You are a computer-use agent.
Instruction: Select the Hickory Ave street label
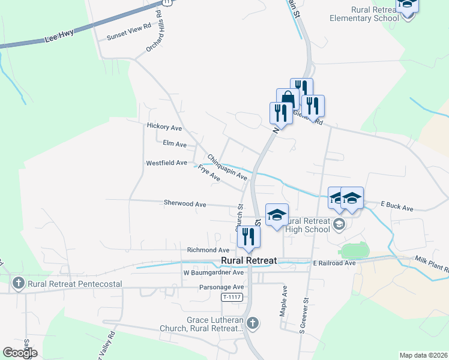pos(164,127)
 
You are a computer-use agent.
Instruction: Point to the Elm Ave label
pos(175,144)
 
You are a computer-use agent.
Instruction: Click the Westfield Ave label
pos(166,163)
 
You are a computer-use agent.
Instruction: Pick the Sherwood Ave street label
pos(185,204)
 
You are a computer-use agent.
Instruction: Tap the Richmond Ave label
pos(208,250)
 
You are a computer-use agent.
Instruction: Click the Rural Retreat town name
pos(249,260)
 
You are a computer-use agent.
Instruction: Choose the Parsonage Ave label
pos(222,287)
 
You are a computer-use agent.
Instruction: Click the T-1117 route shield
pos(232,297)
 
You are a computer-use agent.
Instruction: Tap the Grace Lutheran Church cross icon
pos(253,323)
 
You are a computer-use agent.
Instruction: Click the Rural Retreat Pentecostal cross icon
pos(18,284)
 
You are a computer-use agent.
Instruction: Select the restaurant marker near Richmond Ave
pos(248,237)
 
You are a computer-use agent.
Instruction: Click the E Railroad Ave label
pos(334,263)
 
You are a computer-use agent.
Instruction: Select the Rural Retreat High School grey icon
pos(339,224)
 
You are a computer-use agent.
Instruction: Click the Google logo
pos(20,353)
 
